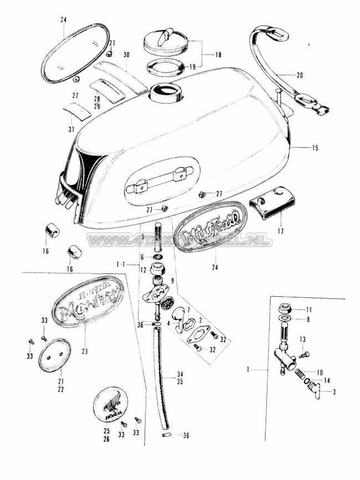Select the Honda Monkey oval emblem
pyautogui.click(x=87, y=304)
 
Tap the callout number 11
pyautogui.click(x=310, y=309)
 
